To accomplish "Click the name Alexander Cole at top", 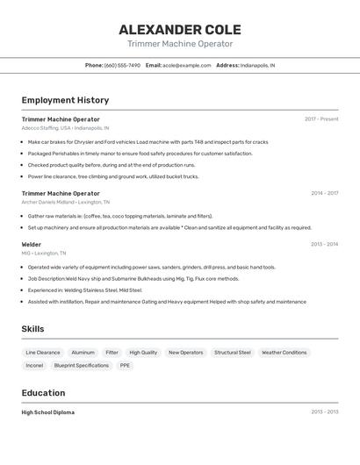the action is click(180, 29).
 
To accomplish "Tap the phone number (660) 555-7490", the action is click(122, 65).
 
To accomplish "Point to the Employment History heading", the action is click(65, 100).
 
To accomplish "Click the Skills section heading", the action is click(33, 329).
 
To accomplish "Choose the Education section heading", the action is click(43, 393).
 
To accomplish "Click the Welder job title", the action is click(32, 245).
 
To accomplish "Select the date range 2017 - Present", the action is click(321, 118).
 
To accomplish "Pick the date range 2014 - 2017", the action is click(324, 193).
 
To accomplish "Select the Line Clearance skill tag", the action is click(43, 353).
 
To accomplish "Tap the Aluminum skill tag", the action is click(83, 353).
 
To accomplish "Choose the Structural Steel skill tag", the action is click(233, 353).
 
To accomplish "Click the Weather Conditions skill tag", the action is click(284, 353).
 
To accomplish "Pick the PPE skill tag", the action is click(125, 365).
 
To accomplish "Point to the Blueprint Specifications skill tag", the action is click(82, 365).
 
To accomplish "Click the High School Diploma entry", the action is click(48, 412).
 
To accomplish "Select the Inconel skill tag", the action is click(34, 365).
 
